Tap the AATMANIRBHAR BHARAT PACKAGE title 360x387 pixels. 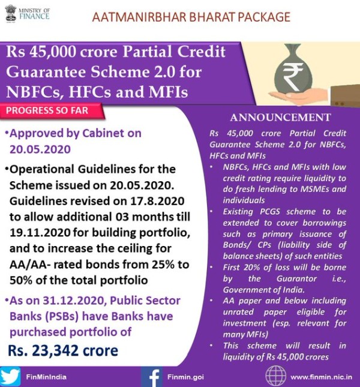point(191,16)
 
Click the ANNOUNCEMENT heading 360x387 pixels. point(280,117)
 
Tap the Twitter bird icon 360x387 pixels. point(11,376)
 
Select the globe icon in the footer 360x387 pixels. point(275,376)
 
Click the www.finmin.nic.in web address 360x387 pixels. point(321,377)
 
